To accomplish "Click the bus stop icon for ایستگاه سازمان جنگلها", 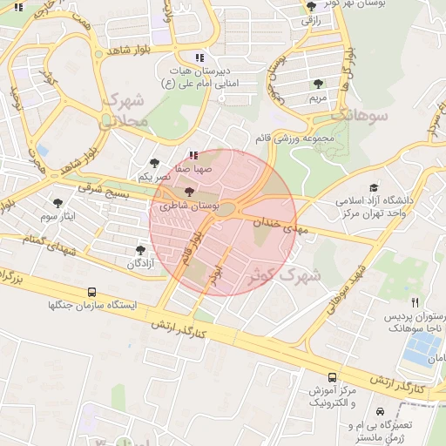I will (92, 293).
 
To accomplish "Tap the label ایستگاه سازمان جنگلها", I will (82, 306).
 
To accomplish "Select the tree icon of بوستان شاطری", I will (190, 191).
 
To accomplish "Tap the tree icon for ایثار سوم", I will (58, 202).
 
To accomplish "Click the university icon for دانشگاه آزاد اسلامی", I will (375, 187).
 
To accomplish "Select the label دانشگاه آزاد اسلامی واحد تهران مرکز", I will (381, 207).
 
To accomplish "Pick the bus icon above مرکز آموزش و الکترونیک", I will (332, 376).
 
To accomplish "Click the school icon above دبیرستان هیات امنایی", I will (199, 57).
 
